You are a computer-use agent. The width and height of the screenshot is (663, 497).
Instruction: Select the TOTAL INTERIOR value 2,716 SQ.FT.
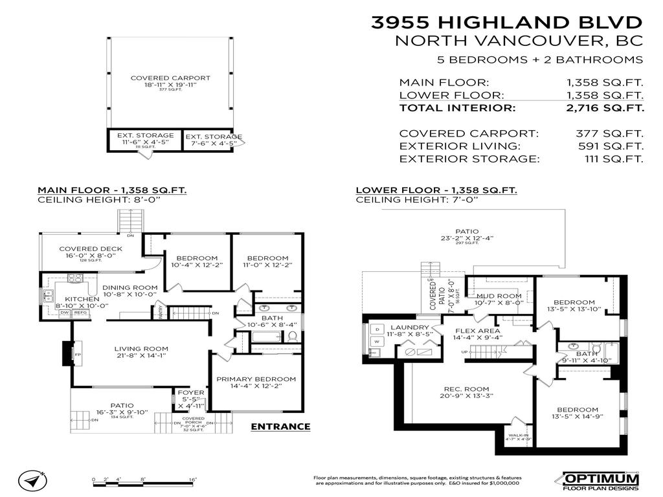(x=605, y=108)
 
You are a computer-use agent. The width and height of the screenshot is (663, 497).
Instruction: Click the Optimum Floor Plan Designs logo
(x=600, y=480)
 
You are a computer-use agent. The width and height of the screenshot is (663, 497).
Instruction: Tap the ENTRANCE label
(x=280, y=426)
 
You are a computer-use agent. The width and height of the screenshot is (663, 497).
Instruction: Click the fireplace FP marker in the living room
(x=67, y=354)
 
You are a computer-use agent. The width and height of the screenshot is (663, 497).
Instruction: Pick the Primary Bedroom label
(x=256, y=379)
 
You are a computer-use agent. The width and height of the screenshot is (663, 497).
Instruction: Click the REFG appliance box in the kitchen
(x=80, y=313)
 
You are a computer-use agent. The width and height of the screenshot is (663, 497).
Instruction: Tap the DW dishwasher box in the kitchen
(x=64, y=313)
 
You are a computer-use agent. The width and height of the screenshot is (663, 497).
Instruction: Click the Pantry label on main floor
(x=159, y=312)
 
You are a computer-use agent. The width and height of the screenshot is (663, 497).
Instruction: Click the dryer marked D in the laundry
(x=376, y=329)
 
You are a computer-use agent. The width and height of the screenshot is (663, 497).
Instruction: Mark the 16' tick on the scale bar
(x=192, y=480)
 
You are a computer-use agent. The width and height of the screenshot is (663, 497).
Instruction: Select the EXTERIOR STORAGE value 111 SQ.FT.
(x=605, y=159)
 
